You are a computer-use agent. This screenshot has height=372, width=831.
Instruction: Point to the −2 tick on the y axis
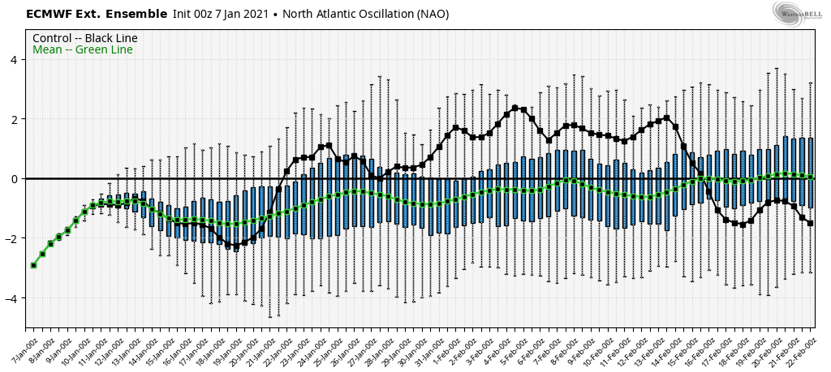[14, 238]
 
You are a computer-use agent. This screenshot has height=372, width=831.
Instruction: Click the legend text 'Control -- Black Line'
[84, 38]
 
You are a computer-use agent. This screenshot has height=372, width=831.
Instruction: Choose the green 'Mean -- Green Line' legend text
[82, 50]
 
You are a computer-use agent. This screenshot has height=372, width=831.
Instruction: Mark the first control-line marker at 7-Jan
[33, 265]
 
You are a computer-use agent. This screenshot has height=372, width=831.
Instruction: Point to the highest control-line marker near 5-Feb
[515, 107]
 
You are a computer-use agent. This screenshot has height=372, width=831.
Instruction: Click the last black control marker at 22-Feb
[811, 223]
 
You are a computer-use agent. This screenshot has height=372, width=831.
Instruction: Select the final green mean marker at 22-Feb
[811, 177]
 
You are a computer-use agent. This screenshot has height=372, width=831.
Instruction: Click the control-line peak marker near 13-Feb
[666, 118]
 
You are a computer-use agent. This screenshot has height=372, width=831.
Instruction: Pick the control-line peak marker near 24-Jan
[329, 145]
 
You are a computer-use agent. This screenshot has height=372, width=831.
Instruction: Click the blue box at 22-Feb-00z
[811, 173]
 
